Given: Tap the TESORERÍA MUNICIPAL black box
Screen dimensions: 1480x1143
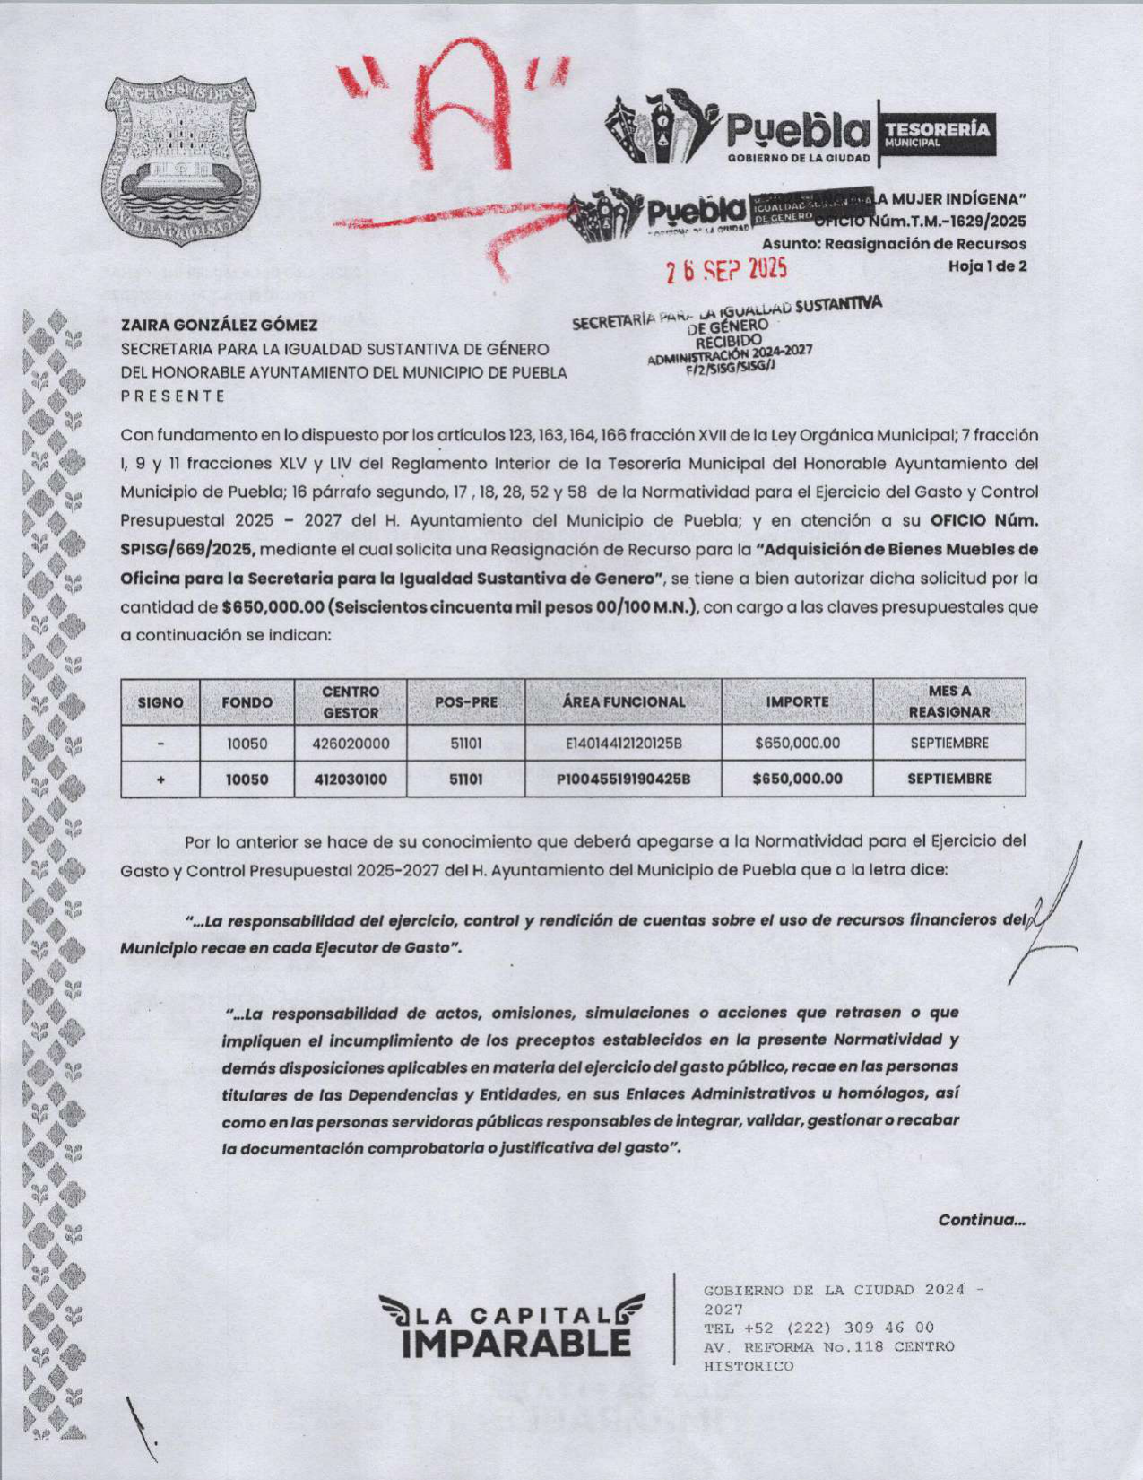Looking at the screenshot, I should pyautogui.click(x=938, y=133).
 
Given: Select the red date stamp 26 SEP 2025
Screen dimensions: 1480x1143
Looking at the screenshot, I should pyautogui.click(x=726, y=268).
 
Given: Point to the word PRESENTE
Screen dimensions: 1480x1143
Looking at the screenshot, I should pyautogui.click(x=173, y=396).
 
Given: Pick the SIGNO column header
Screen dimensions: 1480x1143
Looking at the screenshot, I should pyautogui.click(x=160, y=702).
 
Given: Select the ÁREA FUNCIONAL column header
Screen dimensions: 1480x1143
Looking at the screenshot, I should pyautogui.click(x=624, y=702).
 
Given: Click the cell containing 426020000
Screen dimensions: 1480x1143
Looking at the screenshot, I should pyautogui.click(x=351, y=744).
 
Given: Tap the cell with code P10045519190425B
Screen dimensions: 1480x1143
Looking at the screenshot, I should pyautogui.click(x=624, y=779).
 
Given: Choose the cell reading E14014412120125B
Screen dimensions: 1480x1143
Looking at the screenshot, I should pyautogui.click(x=624, y=744).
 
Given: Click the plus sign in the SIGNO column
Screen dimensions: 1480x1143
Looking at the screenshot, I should pyautogui.click(x=160, y=779).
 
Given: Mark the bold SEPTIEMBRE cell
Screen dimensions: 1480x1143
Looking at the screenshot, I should pyautogui.click(x=949, y=779).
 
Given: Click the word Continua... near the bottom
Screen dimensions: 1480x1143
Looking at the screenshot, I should pyautogui.click(x=982, y=1220).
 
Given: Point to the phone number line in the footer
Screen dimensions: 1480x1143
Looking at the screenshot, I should pyautogui.click(x=819, y=1328).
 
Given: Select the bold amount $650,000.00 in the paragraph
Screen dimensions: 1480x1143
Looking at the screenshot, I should pyautogui.click(x=272, y=607).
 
